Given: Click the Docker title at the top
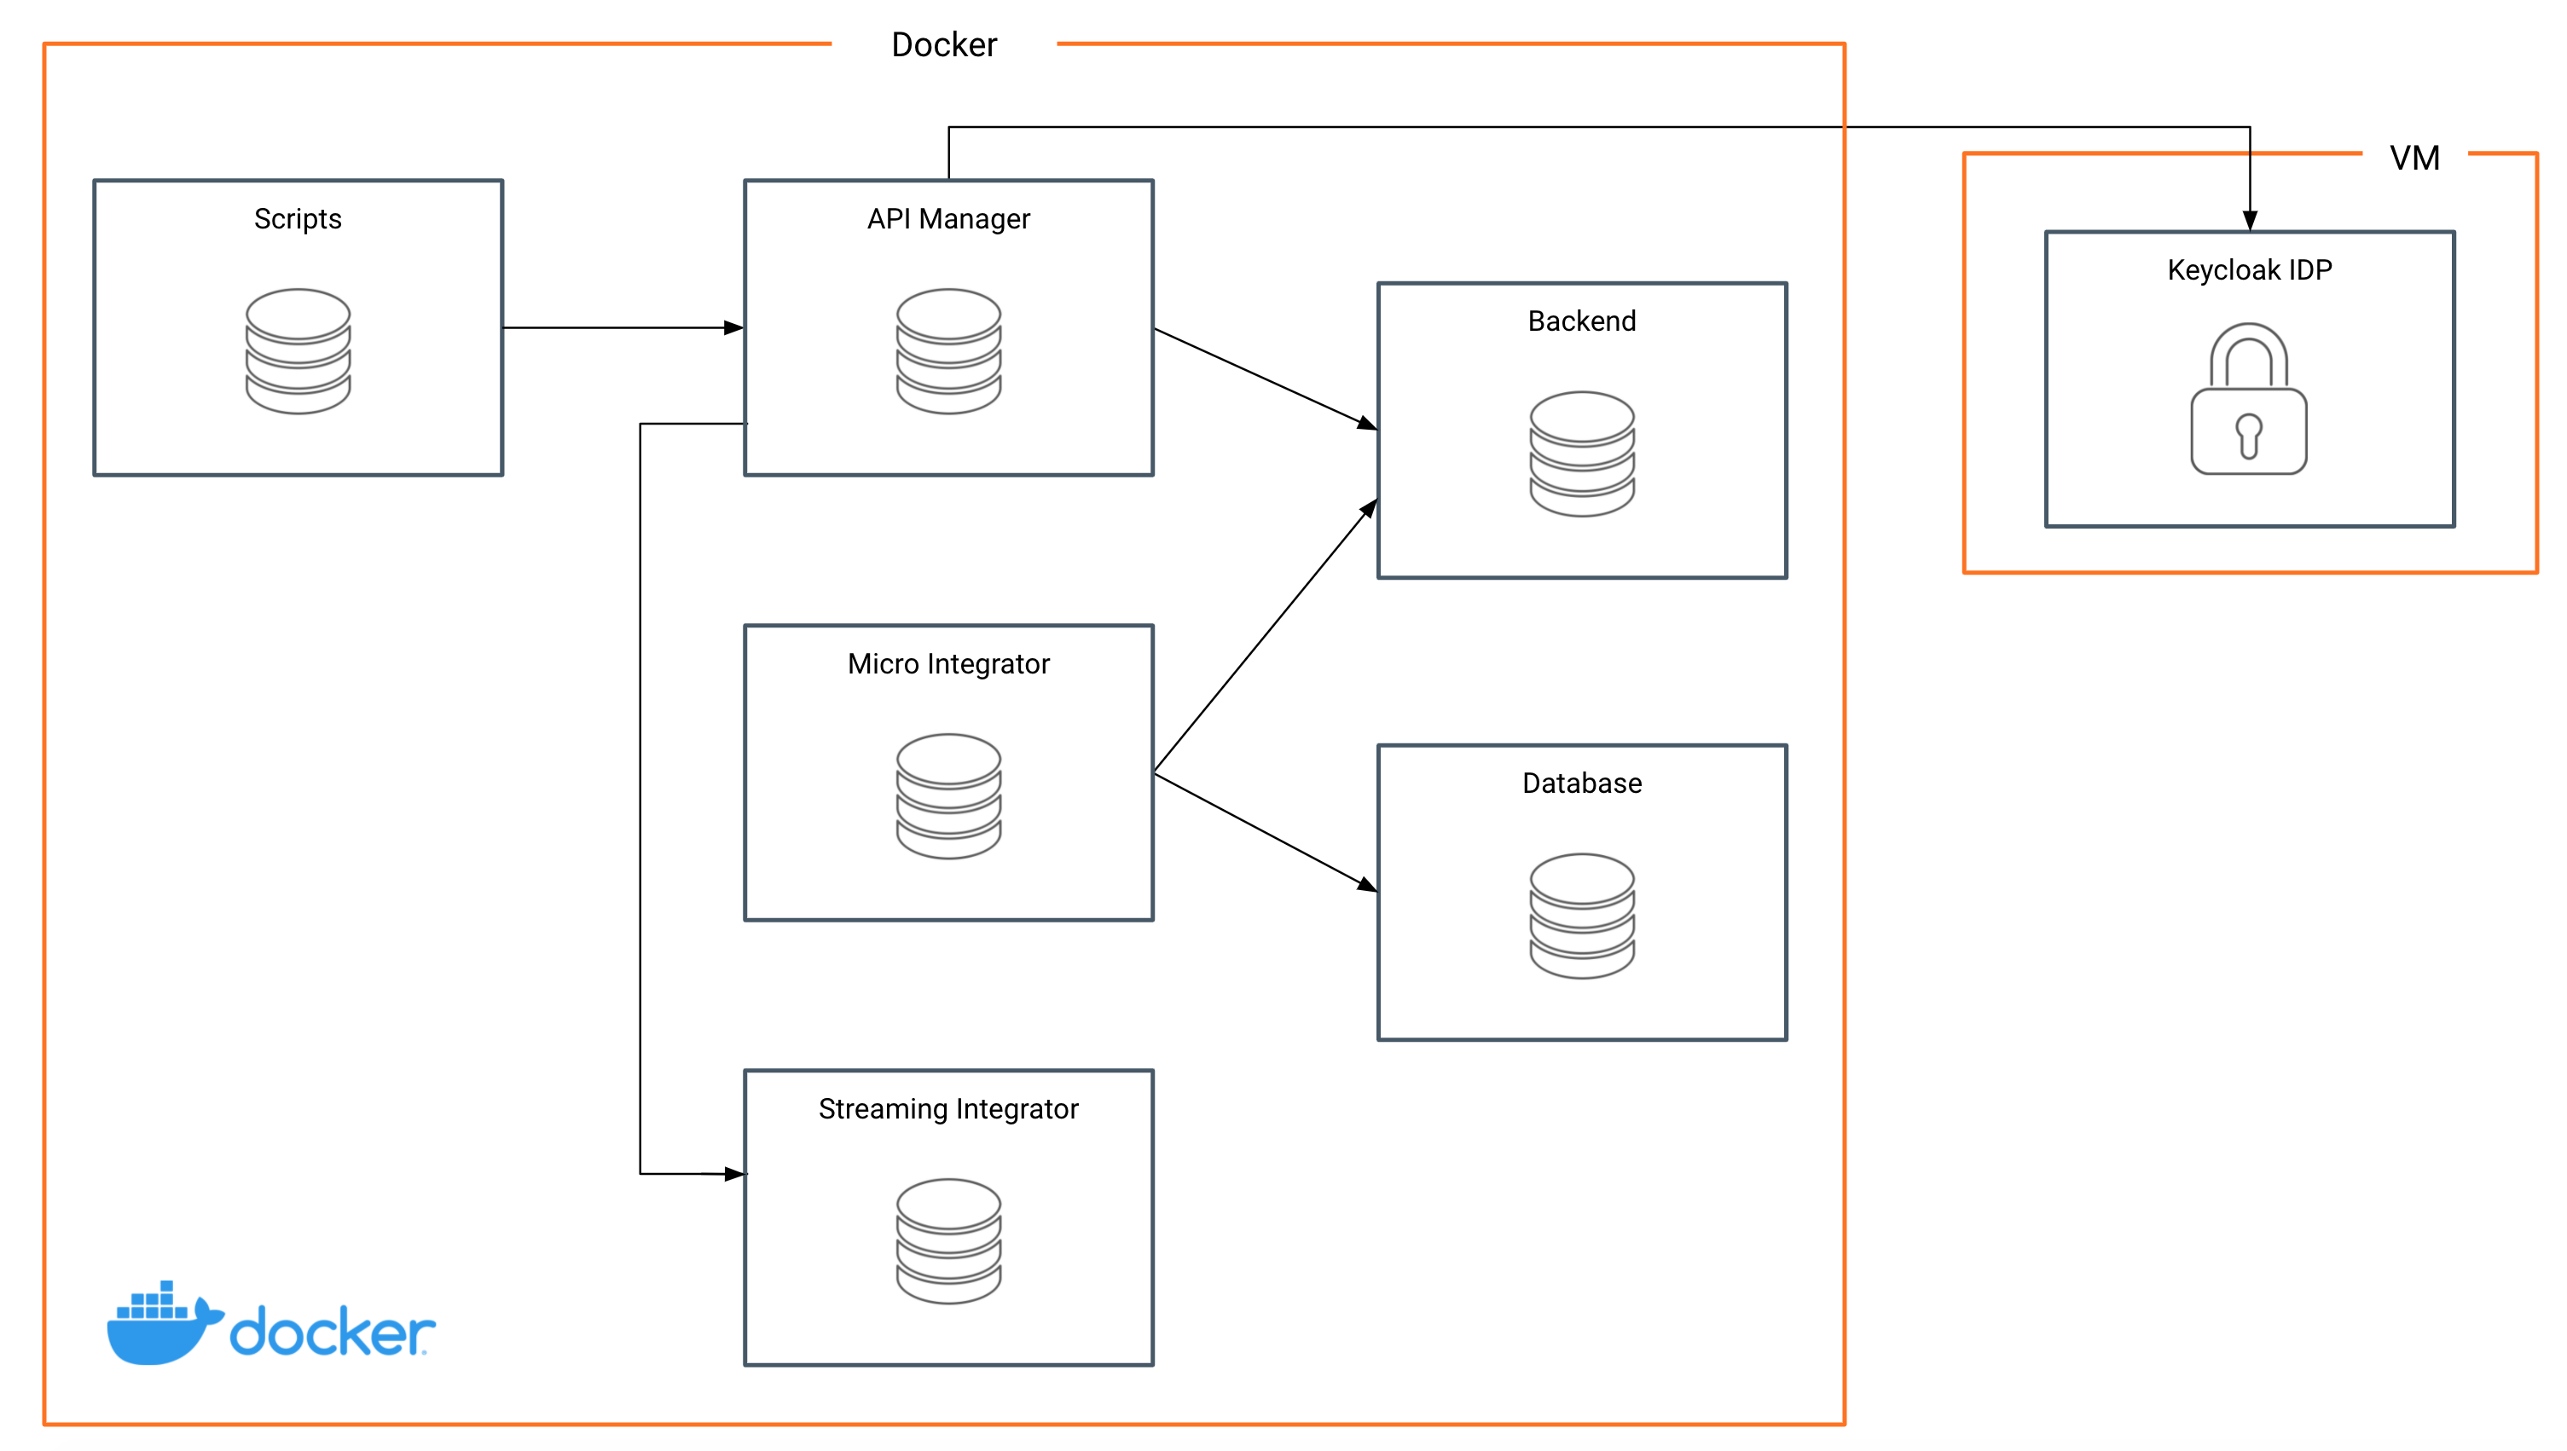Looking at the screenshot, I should [943, 45].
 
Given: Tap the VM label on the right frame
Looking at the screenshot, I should [2413, 158].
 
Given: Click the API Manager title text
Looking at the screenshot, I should [948, 218].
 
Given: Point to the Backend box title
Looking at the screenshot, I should [1581, 321].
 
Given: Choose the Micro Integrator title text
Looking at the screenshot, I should [948, 664].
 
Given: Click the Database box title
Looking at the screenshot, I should [1581, 783].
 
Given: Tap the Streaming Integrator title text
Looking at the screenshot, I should [948, 1108].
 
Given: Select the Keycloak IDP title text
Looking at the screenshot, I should [2249, 270].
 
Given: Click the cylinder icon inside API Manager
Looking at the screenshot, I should [948, 350].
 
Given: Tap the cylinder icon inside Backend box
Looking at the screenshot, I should [1581, 454].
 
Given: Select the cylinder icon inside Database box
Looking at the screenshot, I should [1581, 916].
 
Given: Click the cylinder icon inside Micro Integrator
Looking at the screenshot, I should [948, 796].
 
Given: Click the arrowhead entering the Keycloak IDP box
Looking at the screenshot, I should [2249, 219].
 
